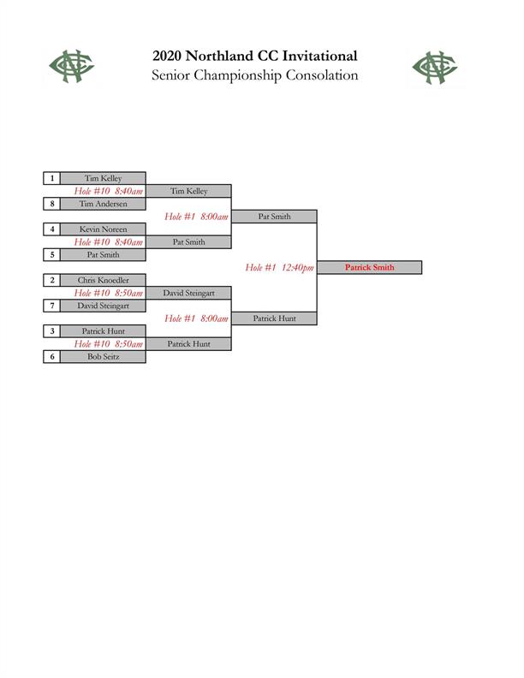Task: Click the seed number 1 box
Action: coord(52,178)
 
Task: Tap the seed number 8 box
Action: coord(52,204)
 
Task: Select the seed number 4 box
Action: coord(52,229)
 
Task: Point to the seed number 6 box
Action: coord(52,357)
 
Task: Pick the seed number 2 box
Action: coord(52,280)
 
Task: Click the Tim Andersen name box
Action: coord(103,204)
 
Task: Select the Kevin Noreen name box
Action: coord(103,229)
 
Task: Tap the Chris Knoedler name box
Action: coord(103,280)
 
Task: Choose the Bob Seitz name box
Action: coord(103,357)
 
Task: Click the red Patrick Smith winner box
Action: coord(370,267)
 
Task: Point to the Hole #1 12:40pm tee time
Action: coord(279,268)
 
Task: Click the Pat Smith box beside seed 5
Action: coord(103,255)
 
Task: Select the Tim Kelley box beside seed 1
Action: coord(103,178)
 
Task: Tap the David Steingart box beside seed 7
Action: coord(103,306)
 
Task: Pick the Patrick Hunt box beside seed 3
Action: coord(103,331)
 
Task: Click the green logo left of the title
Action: coord(72,66)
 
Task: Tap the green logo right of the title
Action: coord(435,68)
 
